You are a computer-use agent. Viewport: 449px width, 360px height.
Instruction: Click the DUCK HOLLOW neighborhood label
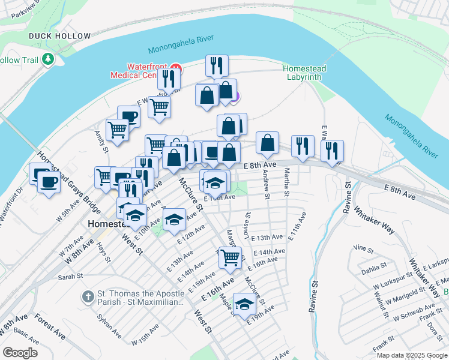[x=60, y=36]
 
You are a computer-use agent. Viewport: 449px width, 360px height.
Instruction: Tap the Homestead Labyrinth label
[x=304, y=73]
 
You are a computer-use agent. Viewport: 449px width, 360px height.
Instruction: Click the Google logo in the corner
[x=19, y=353]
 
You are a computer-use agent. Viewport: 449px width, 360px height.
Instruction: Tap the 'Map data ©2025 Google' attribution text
[x=411, y=355]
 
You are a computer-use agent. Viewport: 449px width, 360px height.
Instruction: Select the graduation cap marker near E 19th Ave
[x=244, y=304]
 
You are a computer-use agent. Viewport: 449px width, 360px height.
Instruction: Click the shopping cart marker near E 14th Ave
[x=230, y=257]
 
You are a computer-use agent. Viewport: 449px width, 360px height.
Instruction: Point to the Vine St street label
[x=360, y=247]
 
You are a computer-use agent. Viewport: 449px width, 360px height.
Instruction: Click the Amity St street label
[x=100, y=142]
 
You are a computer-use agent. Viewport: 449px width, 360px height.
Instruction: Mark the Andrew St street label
[x=266, y=183]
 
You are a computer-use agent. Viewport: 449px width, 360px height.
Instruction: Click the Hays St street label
[x=106, y=254]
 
